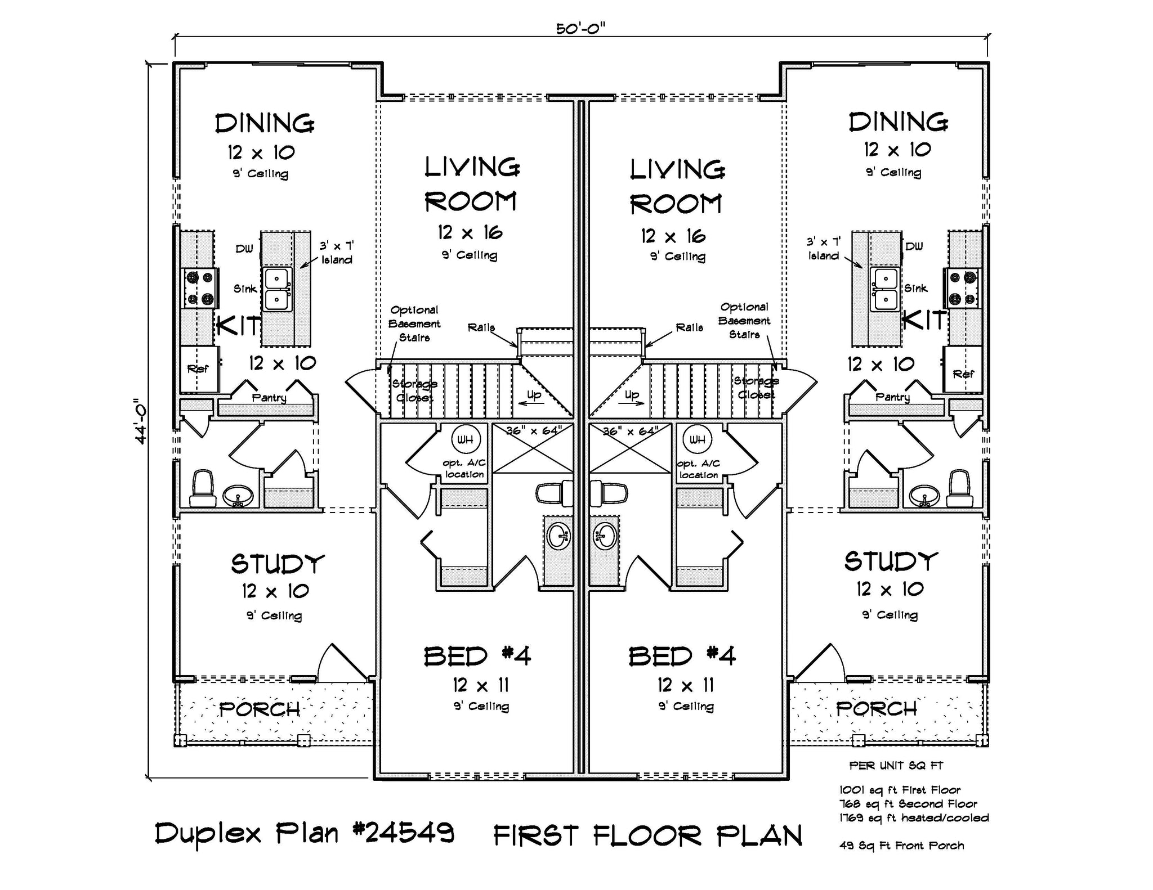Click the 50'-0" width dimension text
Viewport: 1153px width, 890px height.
coord(580,28)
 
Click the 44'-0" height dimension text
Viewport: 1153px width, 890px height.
coord(140,421)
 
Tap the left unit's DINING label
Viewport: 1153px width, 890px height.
coord(265,123)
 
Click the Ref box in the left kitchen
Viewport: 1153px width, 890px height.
coord(198,369)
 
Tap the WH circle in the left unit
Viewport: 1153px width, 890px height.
coord(465,439)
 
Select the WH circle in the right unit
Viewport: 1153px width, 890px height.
coord(697,439)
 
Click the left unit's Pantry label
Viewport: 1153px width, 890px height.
coord(269,398)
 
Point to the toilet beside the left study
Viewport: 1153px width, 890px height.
coord(203,488)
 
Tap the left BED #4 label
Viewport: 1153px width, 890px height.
coord(477,656)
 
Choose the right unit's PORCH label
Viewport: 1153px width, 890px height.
coord(876,709)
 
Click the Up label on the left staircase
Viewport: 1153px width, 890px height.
coord(534,395)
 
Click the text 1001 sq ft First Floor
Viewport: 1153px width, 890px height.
coord(900,790)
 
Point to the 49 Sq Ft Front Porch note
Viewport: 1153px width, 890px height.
coord(901,845)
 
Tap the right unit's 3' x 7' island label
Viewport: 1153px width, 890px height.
coord(824,249)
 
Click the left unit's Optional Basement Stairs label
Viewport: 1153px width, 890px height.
coord(414,323)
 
